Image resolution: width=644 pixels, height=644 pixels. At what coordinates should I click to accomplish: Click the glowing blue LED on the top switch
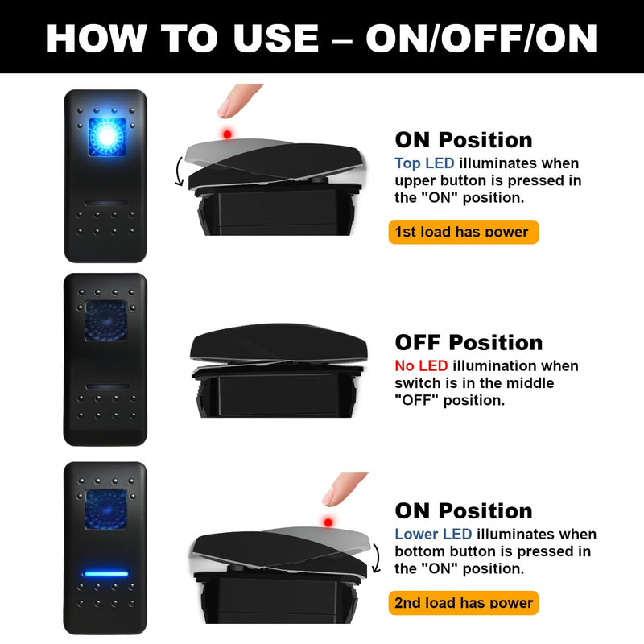(107, 136)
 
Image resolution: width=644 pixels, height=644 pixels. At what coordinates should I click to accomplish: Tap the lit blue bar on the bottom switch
(106, 574)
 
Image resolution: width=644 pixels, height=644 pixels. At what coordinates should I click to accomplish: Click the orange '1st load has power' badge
(464, 232)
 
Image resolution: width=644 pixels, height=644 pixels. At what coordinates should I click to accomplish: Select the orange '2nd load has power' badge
(464, 603)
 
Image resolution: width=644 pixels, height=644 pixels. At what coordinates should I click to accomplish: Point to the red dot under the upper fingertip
(227, 134)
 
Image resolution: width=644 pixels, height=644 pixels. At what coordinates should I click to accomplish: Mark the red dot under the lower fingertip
(328, 522)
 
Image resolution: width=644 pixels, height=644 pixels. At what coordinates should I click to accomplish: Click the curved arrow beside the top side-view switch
(178, 171)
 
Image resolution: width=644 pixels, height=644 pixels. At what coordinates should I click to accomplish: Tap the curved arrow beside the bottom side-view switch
(376, 558)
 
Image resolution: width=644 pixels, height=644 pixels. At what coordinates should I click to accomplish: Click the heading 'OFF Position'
(469, 343)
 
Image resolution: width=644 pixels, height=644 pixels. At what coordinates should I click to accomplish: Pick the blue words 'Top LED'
(424, 163)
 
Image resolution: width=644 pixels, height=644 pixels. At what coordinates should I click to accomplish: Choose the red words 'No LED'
(421, 365)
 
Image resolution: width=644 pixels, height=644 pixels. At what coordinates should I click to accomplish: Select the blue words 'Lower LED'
(433, 534)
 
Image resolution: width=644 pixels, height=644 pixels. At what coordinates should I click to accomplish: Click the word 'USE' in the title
(275, 38)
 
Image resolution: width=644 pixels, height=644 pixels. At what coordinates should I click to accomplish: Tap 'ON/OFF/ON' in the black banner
(481, 38)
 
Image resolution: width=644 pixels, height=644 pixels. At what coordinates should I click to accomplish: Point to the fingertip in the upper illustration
(238, 101)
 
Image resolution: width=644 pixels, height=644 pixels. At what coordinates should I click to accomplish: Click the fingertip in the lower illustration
(344, 489)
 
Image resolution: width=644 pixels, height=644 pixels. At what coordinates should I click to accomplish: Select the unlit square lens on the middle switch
(106, 320)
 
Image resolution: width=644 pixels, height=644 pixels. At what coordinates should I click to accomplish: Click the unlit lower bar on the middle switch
(107, 386)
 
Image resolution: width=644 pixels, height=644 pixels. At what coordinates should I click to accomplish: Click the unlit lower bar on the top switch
(106, 203)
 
